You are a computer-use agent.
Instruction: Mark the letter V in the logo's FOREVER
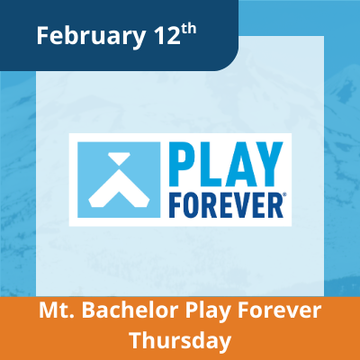240,199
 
